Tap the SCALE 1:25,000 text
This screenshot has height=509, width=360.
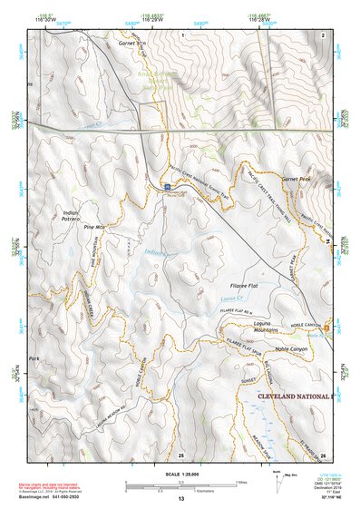[180, 476]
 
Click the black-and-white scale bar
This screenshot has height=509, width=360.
[180, 487]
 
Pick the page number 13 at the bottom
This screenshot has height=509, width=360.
[180, 499]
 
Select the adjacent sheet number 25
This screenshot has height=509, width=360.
[181, 454]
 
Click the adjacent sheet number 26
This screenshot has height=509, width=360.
[323, 454]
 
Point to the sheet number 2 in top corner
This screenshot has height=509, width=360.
[323, 34]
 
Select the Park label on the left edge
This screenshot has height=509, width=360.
[36, 359]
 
